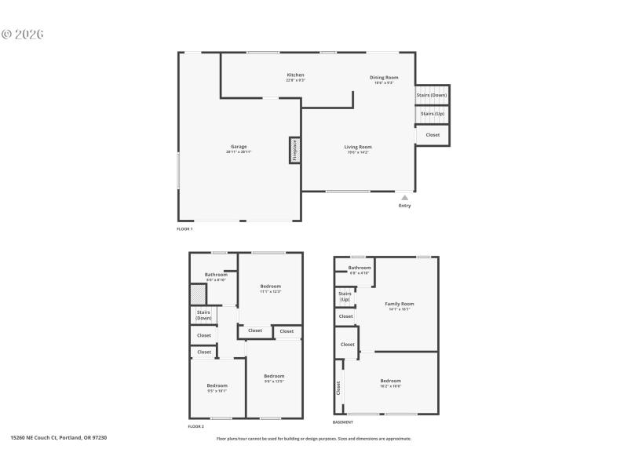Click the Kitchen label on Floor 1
pos(295,75)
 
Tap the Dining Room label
pos(384,78)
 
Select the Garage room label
pos(239,148)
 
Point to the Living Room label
pos(358,147)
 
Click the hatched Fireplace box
pos(294,150)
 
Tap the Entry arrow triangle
pos(405,198)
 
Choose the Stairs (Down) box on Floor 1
pos(432,95)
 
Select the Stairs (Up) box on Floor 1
pos(432,114)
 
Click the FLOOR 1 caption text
pos(184,229)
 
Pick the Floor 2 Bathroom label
pos(216,275)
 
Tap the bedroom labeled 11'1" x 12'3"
pos(270,287)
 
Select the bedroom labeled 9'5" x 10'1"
pos(217,386)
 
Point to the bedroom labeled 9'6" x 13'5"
pos(273,377)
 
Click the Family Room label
pos(399,305)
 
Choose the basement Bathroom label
pos(360,268)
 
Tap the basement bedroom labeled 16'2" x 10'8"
pos(390,382)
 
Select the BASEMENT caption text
pos(343,422)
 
